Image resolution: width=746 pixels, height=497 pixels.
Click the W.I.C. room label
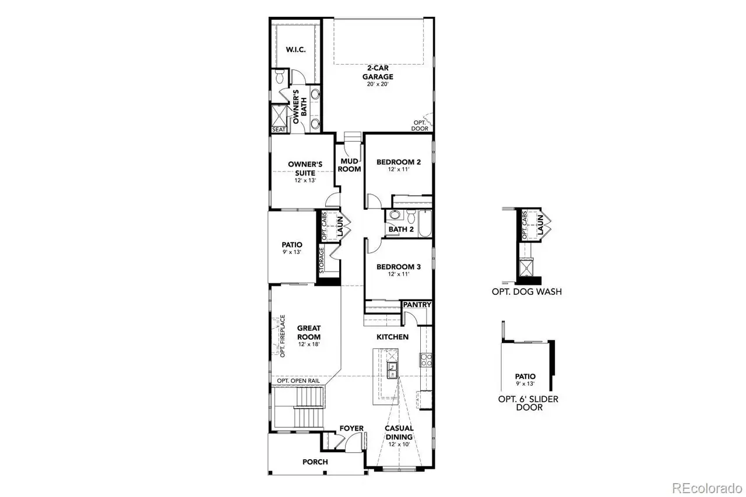295,50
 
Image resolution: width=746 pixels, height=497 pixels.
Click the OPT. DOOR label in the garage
420,125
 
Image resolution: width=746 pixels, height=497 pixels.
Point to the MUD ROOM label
349,165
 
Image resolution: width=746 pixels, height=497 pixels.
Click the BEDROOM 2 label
398,162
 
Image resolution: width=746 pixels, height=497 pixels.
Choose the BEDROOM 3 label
398,267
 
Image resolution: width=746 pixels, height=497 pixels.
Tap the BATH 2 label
401,230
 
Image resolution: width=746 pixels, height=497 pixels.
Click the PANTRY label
417,305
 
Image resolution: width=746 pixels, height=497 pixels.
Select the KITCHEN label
392,337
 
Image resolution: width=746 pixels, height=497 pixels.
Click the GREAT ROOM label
309,333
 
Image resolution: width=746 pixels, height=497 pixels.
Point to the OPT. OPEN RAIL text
298,380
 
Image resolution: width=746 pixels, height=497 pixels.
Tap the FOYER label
351,429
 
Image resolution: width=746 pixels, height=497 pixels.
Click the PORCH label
315,462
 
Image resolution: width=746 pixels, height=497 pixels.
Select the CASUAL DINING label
399,432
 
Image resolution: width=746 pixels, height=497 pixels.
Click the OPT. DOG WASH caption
527,291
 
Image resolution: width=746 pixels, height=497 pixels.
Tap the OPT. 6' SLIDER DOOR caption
525,403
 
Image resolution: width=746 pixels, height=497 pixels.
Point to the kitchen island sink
393,368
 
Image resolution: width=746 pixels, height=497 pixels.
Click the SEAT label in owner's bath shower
278,129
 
